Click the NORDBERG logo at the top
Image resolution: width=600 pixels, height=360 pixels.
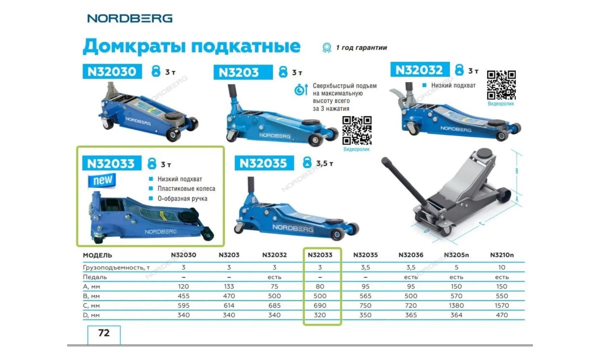(x=129, y=18)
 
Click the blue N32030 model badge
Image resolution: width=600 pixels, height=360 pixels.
(x=112, y=71)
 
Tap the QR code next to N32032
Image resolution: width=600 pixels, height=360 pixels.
(x=500, y=84)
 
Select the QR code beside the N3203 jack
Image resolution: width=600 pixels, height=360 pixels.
(x=357, y=130)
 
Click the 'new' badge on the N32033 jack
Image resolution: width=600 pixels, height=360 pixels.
(x=102, y=180)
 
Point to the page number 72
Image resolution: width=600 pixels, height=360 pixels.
(x=104, y=333)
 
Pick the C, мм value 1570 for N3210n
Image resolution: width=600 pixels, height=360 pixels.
(x=501, y=305)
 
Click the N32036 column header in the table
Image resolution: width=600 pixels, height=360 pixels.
(x=410, y=255)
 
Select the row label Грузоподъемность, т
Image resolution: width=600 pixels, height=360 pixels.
(x=116, y=267)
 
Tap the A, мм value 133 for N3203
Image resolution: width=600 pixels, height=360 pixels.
(x=228, y=286)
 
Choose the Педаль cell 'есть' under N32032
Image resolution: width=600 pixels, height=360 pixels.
(x=274, y=277)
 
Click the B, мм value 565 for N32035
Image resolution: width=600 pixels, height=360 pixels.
(x=365, y=296)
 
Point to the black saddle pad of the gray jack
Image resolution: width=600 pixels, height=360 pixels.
(x=482, y=152)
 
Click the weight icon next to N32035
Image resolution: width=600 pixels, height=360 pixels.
(x=307, y=162)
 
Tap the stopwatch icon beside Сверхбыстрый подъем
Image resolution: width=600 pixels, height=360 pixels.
(x=300, y=90)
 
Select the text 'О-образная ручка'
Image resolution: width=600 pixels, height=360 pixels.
(x=182, y=198)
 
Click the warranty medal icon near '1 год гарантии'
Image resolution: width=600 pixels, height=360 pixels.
(x=327, y=48)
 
